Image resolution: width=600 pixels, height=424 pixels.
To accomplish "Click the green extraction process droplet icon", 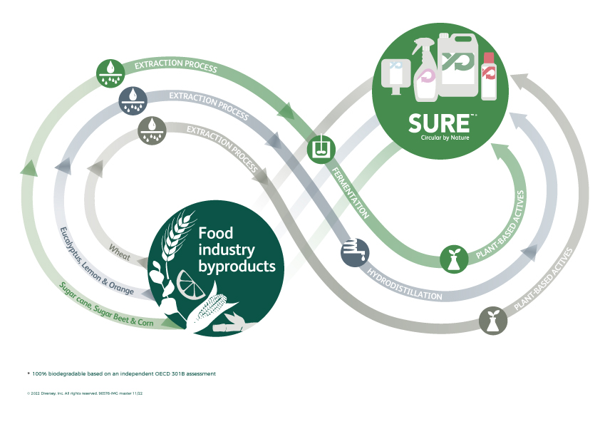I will (x=109, y=71).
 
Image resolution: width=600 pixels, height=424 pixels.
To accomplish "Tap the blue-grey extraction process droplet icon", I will (x=132, y=98).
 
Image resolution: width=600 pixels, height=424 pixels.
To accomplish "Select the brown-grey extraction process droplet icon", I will (x=150, y=128).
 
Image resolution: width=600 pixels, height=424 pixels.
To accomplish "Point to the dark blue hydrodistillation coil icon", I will (x=354, y=253).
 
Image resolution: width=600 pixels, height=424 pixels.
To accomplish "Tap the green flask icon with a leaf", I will (x=454, y=258).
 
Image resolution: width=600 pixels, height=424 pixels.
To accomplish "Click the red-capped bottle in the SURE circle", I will (x=489, y=76).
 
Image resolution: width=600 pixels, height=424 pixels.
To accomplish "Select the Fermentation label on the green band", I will (x=350, y=192).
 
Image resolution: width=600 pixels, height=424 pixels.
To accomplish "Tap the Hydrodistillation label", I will (x=405, y=284).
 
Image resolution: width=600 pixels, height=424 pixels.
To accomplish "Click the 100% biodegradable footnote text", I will (x=123, y=373).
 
